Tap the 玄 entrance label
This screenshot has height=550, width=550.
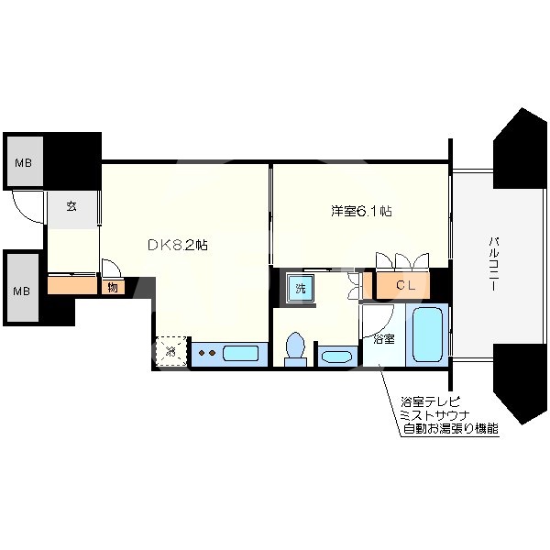coord(71,206)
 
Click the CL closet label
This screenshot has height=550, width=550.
coord(405,285)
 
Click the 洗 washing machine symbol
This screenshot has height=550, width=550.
coord(299,288)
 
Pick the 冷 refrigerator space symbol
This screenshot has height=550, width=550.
coord(170,350)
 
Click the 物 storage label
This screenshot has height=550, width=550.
coord(112,287)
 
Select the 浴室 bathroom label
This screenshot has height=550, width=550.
coord(384,338)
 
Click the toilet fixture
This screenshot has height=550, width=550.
coord(295,348)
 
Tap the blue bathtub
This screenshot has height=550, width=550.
coord(428,335)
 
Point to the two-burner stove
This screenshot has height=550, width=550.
coord(206,353)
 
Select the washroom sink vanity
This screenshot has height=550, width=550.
coord(337,356)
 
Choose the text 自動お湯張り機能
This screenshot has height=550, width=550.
coord(449,428)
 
